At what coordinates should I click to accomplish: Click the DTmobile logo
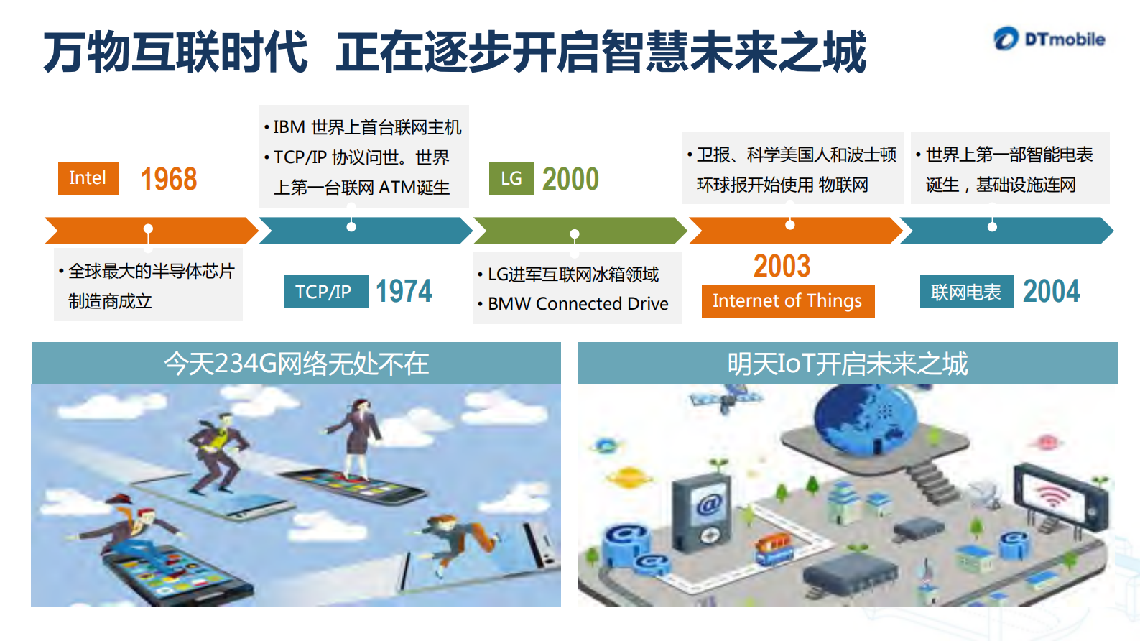pyautogui.click(x=1049, y=39)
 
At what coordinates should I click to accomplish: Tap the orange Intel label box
pyautogui.click(x=88, y=178)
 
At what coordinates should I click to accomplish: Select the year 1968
pyautogui.click(x=169, y=179)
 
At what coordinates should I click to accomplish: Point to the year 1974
pyautogui.click(x=404, y=292)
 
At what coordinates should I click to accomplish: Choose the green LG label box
pyautogui.click(x=511, y=178)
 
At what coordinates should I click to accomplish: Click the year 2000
pyautogui.click(x=570, y=179)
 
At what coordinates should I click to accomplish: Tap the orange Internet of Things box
pyautogui.click(x=787, y=301)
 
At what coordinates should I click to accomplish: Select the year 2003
pyautogui.click(x=782, y=266)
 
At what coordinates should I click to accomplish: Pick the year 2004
pyautogui.click(x=1051, y=292)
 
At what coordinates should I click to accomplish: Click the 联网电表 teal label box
pyautogui.click(x=966, y=292)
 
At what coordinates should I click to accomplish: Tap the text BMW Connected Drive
pyautogui.click(x=578, y=304)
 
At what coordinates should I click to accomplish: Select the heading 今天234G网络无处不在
pyautogui.click(x=296, y=364)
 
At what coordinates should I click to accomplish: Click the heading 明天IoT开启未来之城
pyautogui.click(x=847, y=364)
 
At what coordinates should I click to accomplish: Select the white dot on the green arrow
pyautogui.click(x=575, y=234)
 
